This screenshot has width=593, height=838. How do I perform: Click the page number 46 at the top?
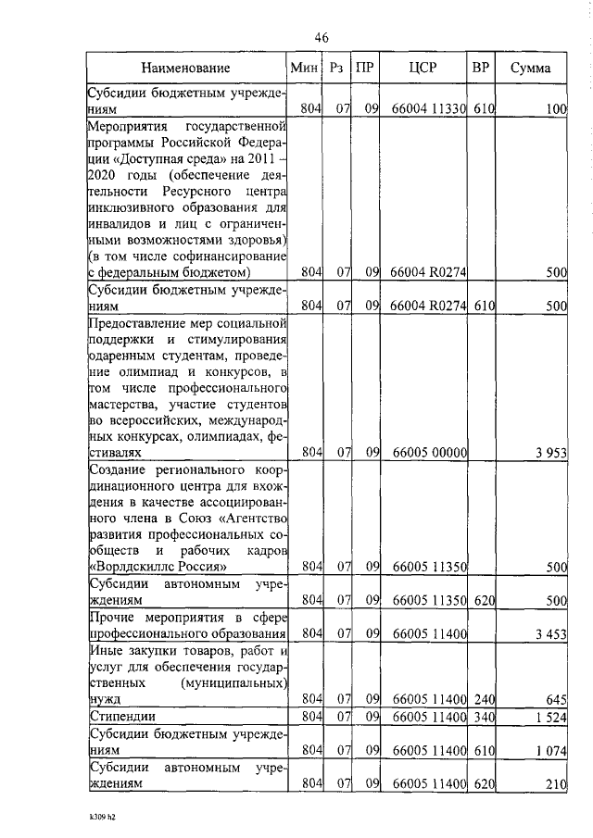point(322,37)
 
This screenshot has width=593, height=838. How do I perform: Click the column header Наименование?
point(186,68)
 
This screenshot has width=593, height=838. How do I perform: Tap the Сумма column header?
point(530,68)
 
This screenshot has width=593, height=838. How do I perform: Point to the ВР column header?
point(480,68)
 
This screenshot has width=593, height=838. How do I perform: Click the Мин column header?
point(304,68)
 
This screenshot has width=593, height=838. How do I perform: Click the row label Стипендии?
point(120,717)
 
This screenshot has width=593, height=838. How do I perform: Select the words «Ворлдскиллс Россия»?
point(158,565)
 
